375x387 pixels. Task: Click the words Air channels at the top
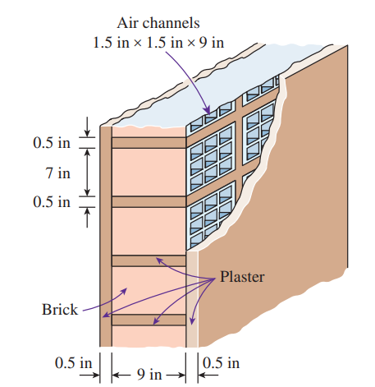click(x=158, y=23)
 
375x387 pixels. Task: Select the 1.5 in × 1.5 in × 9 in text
click(x=158, y=43)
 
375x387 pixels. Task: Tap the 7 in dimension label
click(x=57, y=173)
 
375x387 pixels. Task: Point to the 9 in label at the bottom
click(x=149, y=374)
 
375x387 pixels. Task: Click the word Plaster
click(x=242, y=277)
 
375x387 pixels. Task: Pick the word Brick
click(x=60, y=310)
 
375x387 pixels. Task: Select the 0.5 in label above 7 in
click(x=52, y=143)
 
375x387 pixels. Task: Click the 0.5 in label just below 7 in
click(x=52, y=202)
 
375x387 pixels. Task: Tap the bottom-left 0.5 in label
click(x=73, y=363)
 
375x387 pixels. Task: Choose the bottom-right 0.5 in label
click(x=221, y=363)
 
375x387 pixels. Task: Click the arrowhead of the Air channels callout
click(x=208, y=110)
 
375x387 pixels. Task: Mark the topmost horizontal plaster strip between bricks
click(x=149, y=143)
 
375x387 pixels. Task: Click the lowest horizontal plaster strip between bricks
click(x=149, y=320)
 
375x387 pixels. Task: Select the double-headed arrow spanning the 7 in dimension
click(x=87, y=173)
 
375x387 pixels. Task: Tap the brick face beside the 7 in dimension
click(x=149, y=173)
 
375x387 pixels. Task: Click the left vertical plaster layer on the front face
click(x=106, y=237)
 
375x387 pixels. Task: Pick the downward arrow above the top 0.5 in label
click(x=87, y=127)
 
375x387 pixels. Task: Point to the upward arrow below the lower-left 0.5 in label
click(x=87, y=218)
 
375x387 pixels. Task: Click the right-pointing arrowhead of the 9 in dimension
click(x=182, y=375)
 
